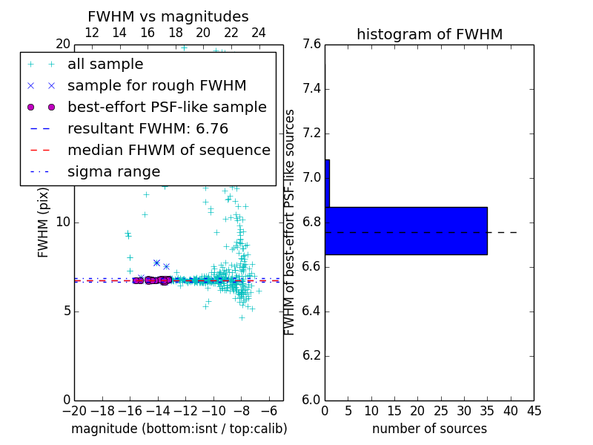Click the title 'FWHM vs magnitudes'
168,17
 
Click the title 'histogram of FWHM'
429,35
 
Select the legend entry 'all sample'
105,65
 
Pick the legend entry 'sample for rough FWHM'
156,85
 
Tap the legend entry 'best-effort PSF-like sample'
167,107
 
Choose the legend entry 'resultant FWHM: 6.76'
148,128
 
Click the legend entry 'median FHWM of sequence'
168,150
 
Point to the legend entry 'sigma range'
113,171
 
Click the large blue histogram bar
405,231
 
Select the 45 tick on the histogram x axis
534,410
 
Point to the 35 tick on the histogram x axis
487,410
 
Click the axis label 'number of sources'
429,429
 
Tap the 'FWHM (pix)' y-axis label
44,222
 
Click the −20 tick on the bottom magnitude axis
74,410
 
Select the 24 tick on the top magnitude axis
259,33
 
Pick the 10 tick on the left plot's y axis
62,222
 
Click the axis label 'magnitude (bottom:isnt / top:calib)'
179,429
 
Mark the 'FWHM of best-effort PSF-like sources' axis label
290,222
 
